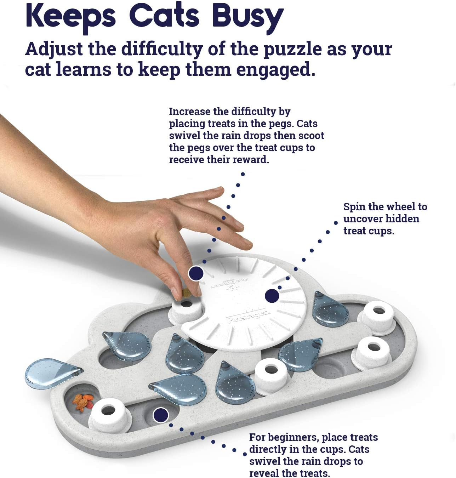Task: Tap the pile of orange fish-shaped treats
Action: (83, 402)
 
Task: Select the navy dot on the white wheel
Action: (272, 296)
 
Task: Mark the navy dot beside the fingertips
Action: (196, 273)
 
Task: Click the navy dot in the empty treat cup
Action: (161, 415)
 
